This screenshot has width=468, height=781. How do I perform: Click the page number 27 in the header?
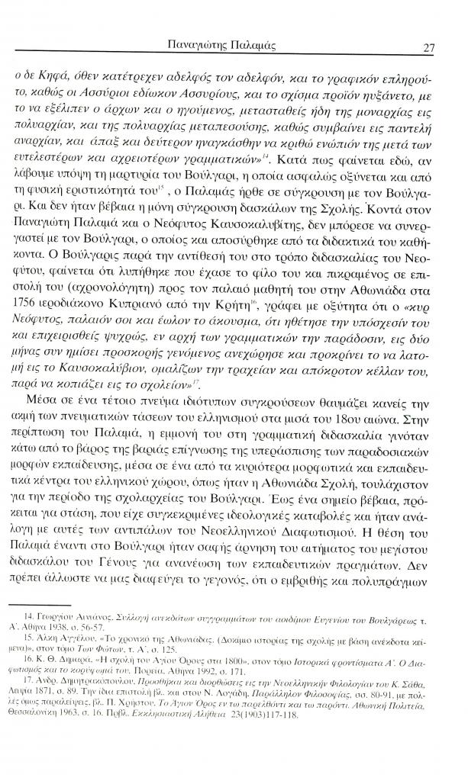pyautogui.click(x=428, y=46)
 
